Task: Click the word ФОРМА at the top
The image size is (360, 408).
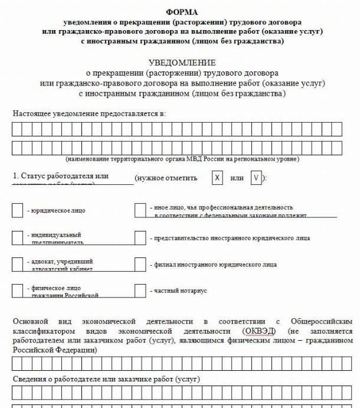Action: coord(182,11)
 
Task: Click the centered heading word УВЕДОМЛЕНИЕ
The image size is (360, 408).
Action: coord(182,62)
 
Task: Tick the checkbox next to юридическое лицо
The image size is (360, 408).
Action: coord(17,210)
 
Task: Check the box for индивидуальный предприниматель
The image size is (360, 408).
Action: coord(17,237)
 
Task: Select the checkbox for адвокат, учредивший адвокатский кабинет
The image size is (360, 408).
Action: coord(17,264)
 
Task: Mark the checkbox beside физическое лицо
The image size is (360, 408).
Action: coord(17,291)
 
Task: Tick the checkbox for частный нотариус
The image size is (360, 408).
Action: coord(140,291)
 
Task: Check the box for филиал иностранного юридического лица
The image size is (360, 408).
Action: coord(140,264)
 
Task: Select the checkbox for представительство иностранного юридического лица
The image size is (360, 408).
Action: coord(140,237)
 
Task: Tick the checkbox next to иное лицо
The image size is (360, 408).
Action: coord(140,210)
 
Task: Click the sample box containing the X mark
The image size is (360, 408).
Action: coord(217,178)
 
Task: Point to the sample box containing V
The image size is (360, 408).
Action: coord(256,178)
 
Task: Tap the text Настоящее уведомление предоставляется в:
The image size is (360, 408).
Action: coord(89,112)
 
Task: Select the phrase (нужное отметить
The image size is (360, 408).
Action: coord(166,178)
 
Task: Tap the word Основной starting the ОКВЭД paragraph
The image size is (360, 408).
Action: coord(30,321)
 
